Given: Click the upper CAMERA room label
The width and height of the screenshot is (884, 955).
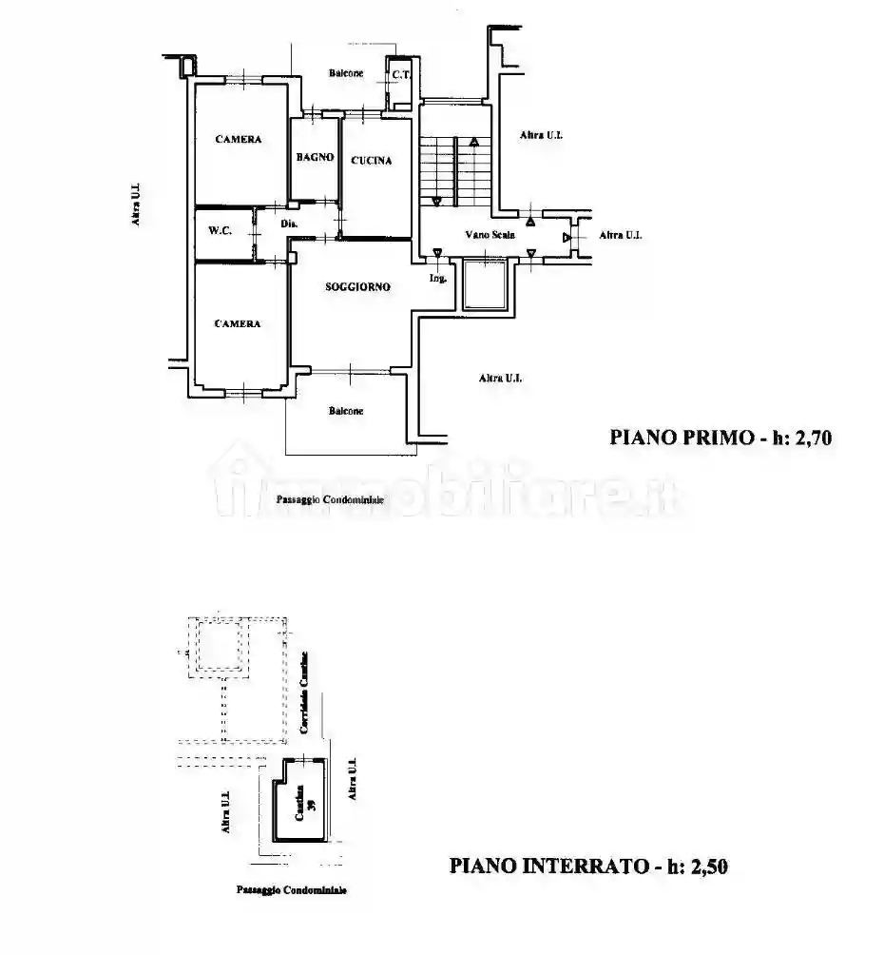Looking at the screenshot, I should [x=238, y=140].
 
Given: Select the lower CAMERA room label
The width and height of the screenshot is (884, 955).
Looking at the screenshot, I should [x=237, y=324].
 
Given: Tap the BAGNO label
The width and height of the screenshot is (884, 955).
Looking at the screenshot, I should [x=315, y=158].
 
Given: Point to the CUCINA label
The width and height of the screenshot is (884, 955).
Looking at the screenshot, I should [x=371, y=161].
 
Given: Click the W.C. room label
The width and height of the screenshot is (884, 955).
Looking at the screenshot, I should [x=221, y=229].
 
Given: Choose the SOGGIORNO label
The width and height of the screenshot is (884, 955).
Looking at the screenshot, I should [x=357, y=287].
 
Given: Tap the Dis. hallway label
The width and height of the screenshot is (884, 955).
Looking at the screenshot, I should [x=290, y=224].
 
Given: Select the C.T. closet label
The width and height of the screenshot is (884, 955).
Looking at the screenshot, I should [x=400, y=74].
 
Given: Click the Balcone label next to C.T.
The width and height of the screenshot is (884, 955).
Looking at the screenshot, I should [x=345, y=74].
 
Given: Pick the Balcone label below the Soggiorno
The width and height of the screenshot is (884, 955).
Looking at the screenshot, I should [x=346, y=411].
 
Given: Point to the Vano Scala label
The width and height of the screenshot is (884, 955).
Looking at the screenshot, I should [x=485, y=234].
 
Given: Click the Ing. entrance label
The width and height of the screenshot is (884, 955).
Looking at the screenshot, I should [x=437, y=278].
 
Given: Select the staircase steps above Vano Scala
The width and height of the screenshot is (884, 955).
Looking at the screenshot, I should [x=454, y=171].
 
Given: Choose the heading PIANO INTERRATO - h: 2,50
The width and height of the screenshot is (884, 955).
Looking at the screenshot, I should [x=588, y=867].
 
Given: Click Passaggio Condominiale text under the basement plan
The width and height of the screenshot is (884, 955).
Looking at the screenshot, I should [x=291, y=890].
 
